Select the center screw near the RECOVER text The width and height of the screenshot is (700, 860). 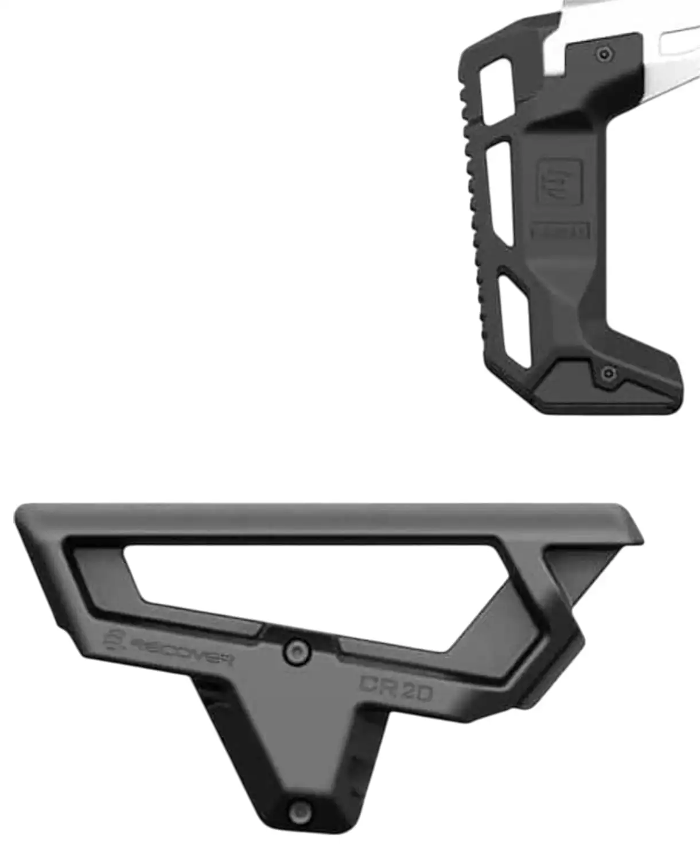297,652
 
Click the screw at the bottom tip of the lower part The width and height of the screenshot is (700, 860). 300,812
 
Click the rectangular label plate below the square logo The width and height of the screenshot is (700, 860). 559,231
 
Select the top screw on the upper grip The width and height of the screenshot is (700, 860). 604,55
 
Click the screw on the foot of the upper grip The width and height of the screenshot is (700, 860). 608,374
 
